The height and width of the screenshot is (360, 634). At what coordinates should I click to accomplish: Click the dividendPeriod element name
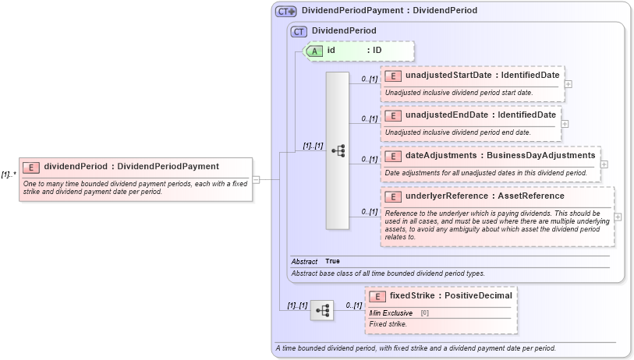pos(76,166)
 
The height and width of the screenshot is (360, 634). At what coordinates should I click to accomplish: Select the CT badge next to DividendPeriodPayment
pos(286,12)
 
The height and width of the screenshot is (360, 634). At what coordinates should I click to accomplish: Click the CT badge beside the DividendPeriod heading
pos(298,31)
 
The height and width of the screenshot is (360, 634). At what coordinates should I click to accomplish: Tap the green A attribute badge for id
pos(314,51)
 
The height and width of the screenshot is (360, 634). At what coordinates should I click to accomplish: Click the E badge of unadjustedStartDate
pos(393,76)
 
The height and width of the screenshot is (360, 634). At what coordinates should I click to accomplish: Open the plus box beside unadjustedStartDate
pos(568,83)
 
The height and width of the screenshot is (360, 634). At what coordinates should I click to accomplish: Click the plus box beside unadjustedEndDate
pos(565,123)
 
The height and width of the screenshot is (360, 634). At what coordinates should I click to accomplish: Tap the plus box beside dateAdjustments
pos(604,164)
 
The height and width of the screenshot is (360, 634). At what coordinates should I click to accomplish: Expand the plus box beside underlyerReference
pos(618,217)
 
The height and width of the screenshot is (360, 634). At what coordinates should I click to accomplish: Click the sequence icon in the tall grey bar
pos(338,151)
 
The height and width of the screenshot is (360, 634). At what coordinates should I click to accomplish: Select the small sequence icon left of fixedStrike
pos(322,310)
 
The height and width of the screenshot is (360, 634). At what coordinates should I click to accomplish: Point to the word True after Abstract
pos(332,261)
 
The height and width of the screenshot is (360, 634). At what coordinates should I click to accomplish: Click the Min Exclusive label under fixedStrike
pos(391,312)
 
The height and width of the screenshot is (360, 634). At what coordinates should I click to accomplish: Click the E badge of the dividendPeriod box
pos(31,167)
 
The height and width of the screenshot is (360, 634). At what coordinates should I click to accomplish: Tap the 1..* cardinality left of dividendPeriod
pos(9,175)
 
